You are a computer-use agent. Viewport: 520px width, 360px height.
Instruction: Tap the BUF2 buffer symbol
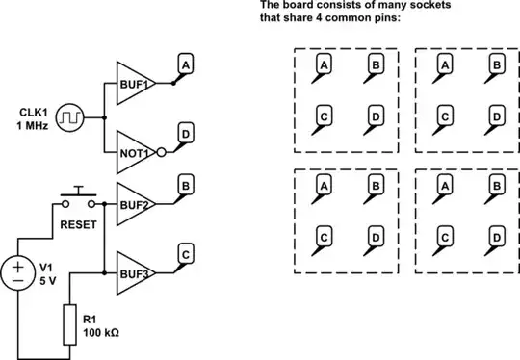[x=134, y=204]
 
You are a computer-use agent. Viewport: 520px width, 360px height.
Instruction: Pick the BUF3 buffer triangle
[x=134, y=271]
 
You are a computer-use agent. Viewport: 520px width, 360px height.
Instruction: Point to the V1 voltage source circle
[x=18, y=270]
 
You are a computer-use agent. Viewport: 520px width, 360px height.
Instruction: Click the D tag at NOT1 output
[x=185, y=131]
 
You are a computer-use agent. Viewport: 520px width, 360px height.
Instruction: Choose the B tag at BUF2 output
[x=185, y=184]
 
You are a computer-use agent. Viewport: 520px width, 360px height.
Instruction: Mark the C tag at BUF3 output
[x=185, y=251]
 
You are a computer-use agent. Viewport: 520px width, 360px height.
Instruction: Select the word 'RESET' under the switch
[x=78, y=219]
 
